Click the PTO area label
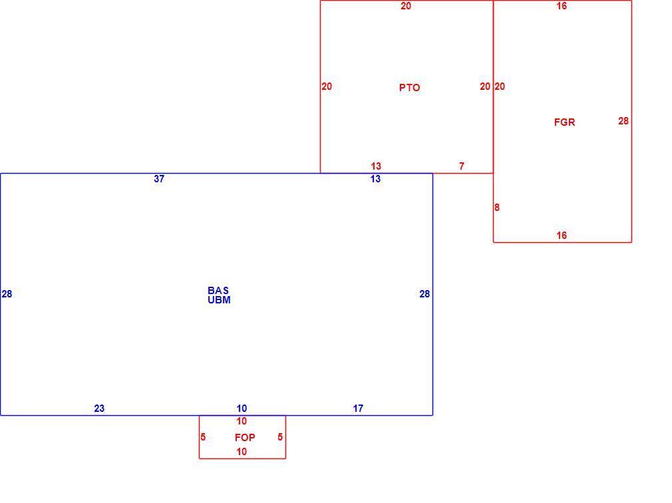(409, 87)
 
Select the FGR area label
(564, 122)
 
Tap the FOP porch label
(245, 437)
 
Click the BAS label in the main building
(218, 291)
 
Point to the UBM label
(219, 300)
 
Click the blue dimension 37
(159, 179)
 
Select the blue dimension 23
(99, 409)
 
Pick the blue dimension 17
(358, 409)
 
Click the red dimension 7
(462, 166)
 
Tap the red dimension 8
(497, 208)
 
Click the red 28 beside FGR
(623, 121)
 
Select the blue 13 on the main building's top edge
(375, 179)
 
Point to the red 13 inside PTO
(376, 166)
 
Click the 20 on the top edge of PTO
(406, 6)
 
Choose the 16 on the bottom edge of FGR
(562, 236)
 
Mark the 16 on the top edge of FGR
(562, 6)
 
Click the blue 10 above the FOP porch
(242, 409)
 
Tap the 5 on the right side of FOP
(280, 437)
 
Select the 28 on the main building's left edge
(7, 294)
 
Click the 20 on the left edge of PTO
(327, 86)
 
